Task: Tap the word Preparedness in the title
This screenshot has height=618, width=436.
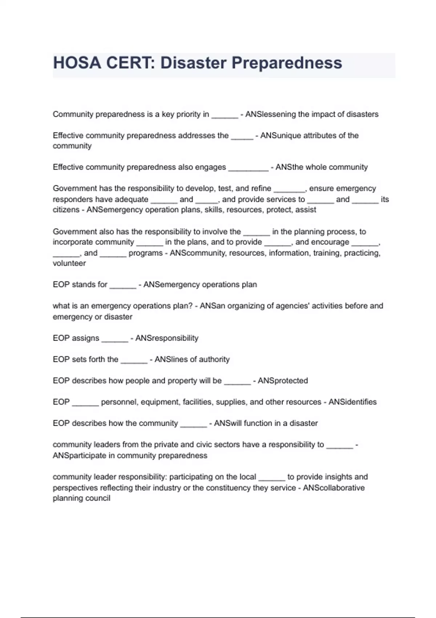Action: point(287,63)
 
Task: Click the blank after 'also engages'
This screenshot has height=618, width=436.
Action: point(248,168)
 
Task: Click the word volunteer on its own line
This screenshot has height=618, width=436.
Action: point(69,263)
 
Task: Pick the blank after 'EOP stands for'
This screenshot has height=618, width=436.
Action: point(123,285)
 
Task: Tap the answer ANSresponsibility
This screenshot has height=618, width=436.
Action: point(167,338)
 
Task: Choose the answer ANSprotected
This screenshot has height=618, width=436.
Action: point(283,381)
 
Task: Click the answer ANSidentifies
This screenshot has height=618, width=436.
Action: point(352,402)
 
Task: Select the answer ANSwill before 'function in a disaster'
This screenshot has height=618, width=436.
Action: point(228,423)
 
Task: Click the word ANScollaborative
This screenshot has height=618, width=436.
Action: point(334,487)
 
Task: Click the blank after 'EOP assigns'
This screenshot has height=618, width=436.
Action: point(115,339)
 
